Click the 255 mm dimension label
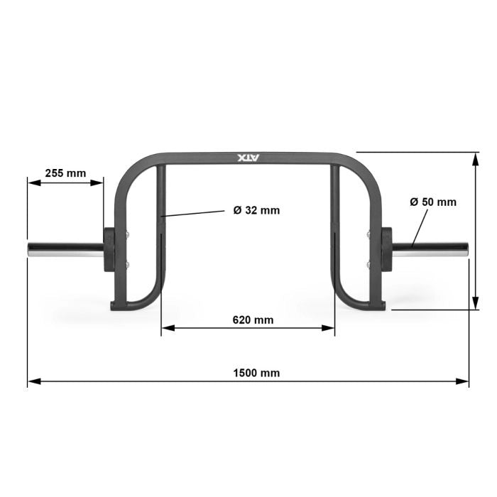click(x=65, y=173)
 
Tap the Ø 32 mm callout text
click(x=256, y=210)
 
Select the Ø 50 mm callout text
click(x=433, y=202)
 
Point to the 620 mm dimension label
click(x=253, y=319)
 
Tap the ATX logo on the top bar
click(x=248, y=159)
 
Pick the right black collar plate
click(x=387, y=248)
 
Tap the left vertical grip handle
click(x=163, y=213)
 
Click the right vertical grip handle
click(x=335, y=213)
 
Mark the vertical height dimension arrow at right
click(x=474, y=231)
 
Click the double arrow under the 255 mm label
click(x=65, y=182)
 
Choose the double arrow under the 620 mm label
click(x=248, y=328)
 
